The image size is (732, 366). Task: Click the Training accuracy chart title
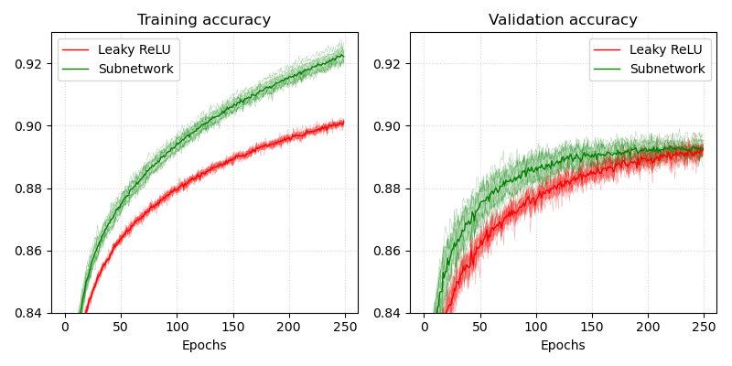[x=204, y=20]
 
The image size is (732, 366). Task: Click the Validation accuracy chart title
[x=563, y=20]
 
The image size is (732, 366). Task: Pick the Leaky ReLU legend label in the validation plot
[x=667, y=49]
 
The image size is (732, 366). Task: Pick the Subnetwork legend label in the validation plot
[x=667, y=69]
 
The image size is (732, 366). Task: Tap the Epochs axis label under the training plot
[x=204, y=346]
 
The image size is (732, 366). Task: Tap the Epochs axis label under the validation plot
[x=563, y=346]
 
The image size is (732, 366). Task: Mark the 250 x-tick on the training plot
[x=345, y=327]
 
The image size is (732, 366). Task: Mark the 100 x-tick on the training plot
[x=177, y=327]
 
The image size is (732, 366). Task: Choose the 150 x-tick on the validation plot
[x=592, y=327]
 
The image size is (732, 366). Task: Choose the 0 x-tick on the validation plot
[x=424, y=327]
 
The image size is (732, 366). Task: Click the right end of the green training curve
[x=343, y=56]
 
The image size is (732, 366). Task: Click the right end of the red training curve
[x=343, y=123]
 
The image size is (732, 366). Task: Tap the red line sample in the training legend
[x=77, y=49]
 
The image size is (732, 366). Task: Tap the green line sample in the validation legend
[x=608, y=69]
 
